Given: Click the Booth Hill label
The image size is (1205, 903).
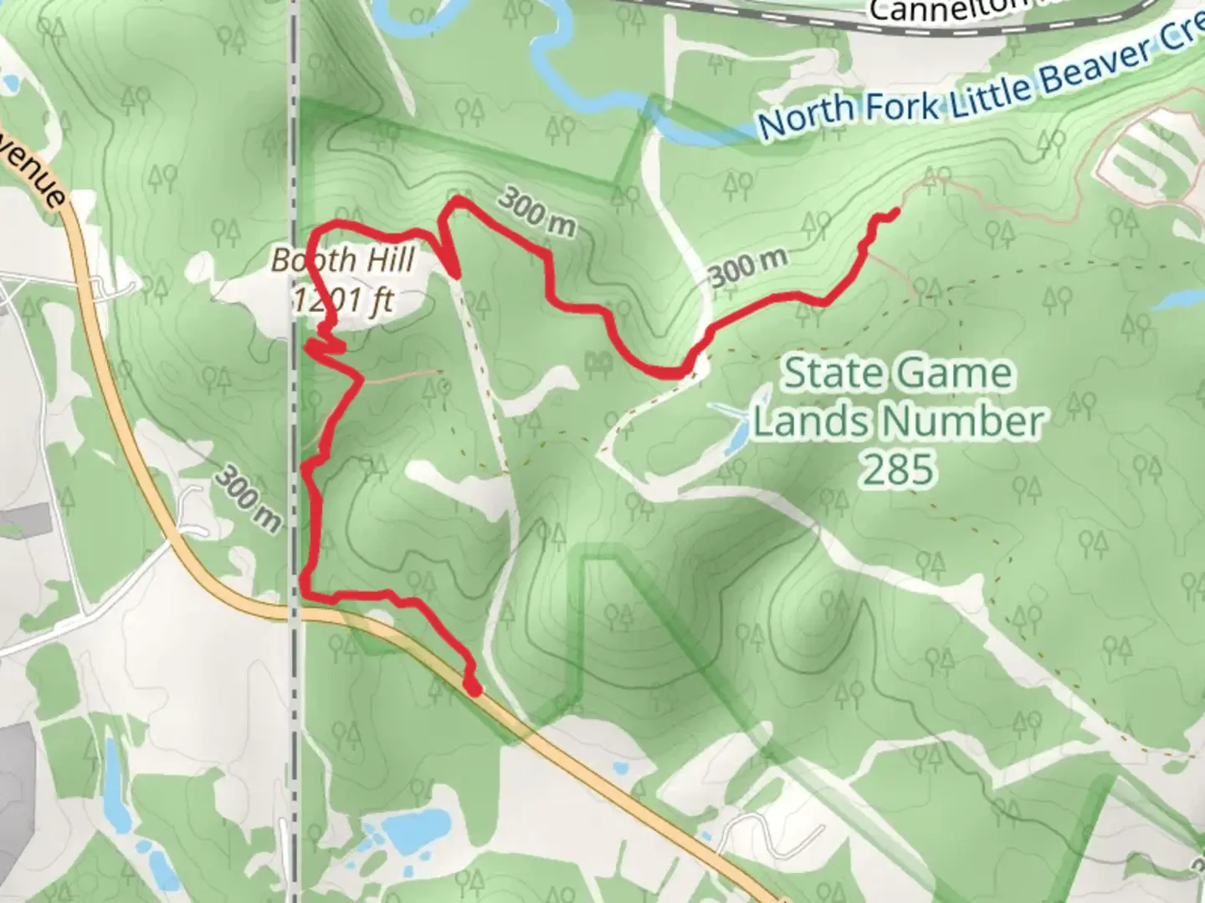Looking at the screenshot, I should coord(343,261).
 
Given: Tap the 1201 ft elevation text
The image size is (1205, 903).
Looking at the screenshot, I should coord(343,298).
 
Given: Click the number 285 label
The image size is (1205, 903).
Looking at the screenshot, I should coord(898,471).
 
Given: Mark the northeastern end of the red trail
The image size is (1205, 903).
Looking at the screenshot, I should coord(896,212).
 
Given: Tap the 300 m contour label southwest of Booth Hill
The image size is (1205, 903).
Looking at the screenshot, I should coord(248,500).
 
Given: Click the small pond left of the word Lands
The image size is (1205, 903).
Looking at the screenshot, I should coord(736,426).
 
